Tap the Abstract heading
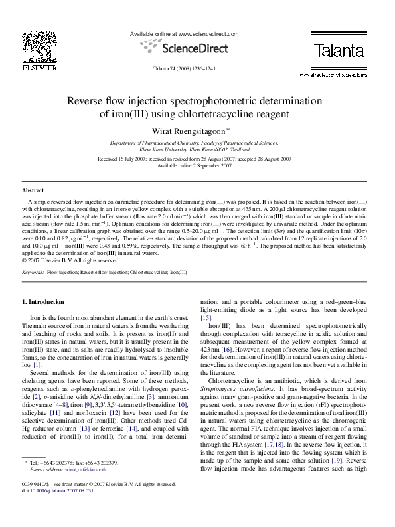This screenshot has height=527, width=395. (33, 190)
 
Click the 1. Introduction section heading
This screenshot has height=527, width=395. (44, 302)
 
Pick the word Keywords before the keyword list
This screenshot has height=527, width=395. (34, 272)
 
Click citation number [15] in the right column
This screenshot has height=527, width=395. (206, 318)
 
